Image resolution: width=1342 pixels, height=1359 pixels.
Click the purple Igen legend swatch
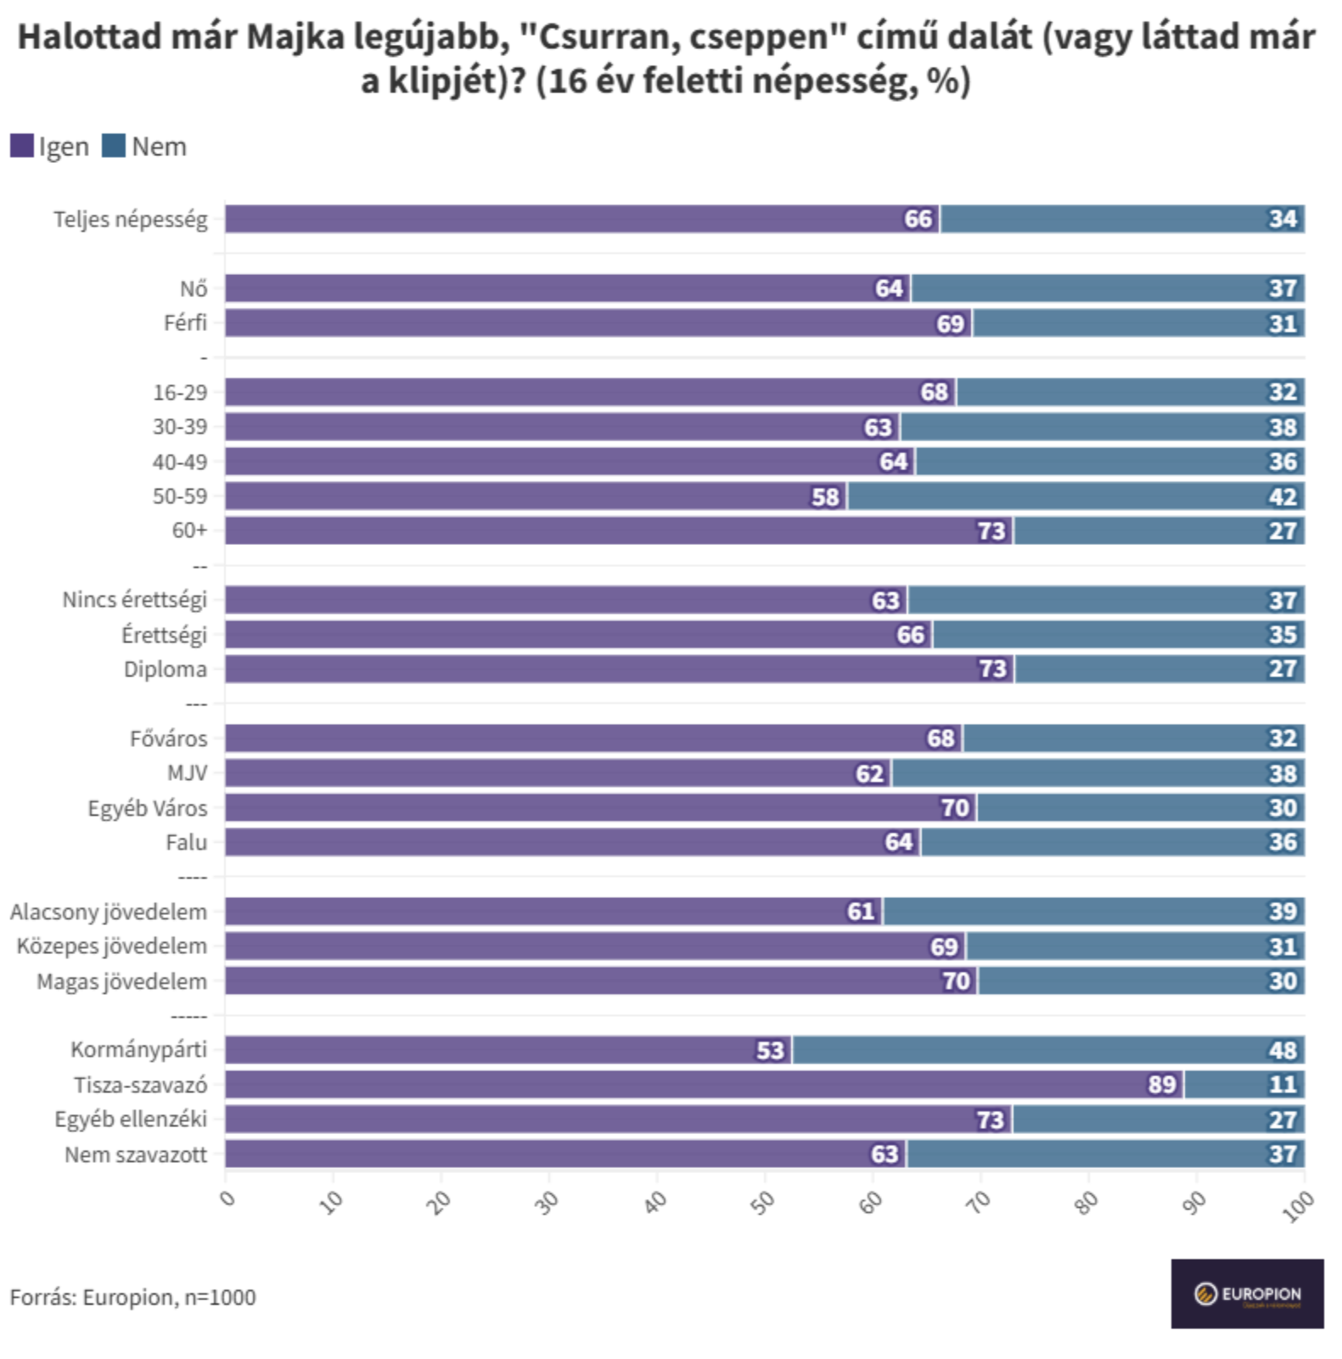click(x=22, y=146)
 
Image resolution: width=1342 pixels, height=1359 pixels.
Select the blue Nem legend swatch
click(x=114, y=146)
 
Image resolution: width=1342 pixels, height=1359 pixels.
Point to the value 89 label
click(x=1161, y=1085)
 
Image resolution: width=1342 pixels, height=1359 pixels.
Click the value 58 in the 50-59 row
click(x=825, y=497)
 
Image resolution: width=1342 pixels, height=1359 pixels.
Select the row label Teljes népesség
click(x=131, y=219)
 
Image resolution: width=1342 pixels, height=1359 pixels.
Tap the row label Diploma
click(x=166, y=669)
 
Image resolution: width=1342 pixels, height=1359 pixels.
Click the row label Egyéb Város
click(x=148, y=808)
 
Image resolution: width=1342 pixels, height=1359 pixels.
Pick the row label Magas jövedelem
click(x=122, y=981)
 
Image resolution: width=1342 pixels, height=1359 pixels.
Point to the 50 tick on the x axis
click(x=763, y=1202)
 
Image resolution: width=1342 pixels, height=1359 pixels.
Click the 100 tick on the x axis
click(x=1298, y=1205)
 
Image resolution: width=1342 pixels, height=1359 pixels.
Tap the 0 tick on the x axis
click(x=227, y=1198)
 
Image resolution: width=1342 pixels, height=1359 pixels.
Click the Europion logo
click(x=1247, y=1294)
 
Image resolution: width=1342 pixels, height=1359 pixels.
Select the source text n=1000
click(x=220, y=1297)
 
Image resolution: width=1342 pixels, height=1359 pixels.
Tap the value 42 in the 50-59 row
click(x=1283, y=497)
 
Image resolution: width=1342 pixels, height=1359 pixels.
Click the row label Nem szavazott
click(x=136, y=1154)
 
